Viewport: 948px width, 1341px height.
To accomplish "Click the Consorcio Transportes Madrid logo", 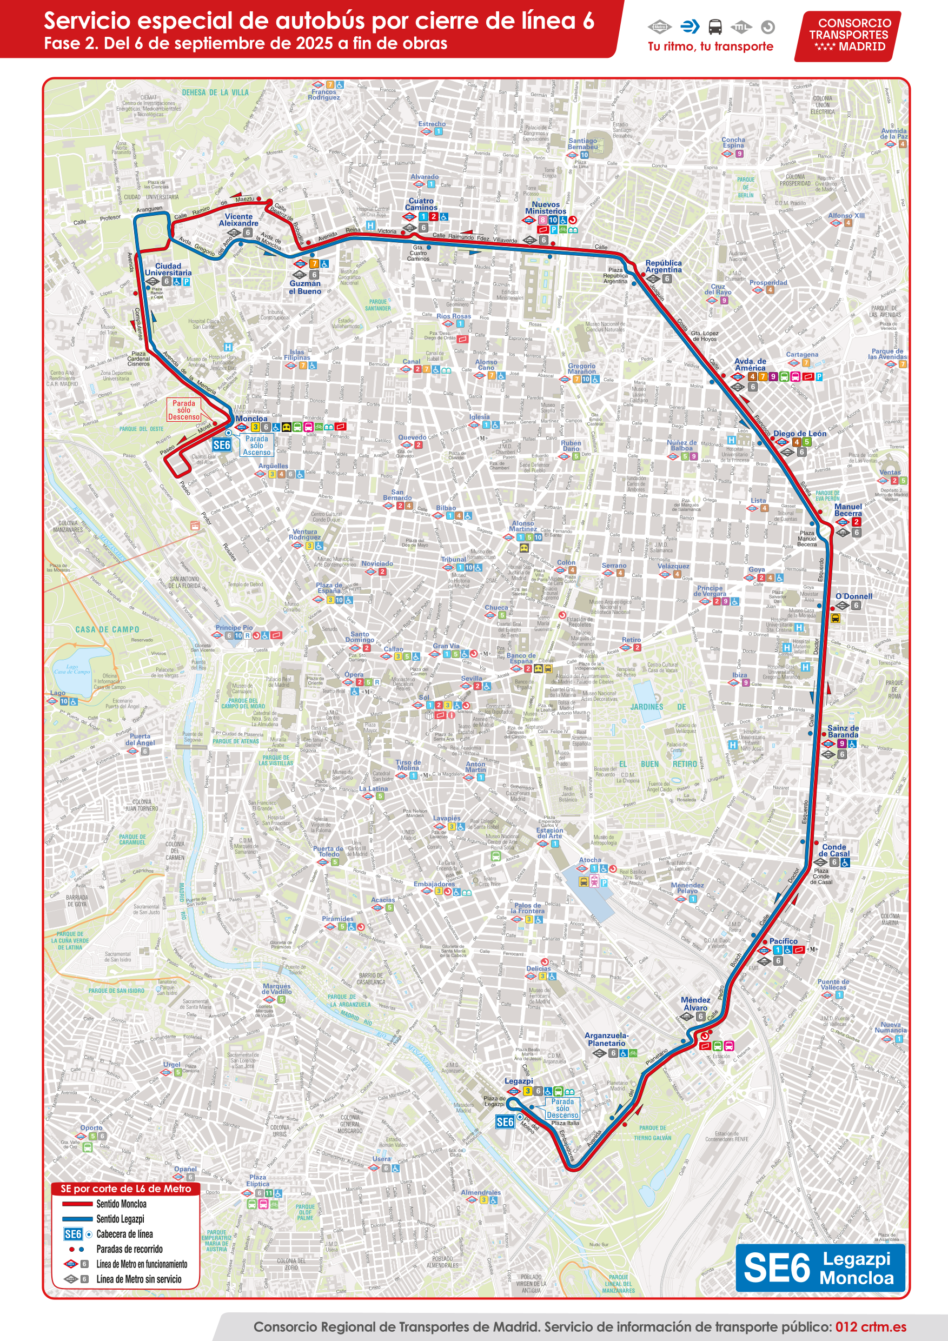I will [x=847, y=36].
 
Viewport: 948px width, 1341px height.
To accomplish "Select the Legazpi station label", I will [x=518, y=1081].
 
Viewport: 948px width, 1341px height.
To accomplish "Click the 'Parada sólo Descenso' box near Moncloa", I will [x=184, y=410].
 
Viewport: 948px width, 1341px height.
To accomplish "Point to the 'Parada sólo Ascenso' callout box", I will [x=256, y=445].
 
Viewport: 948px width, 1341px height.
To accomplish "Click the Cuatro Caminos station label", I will [x=421, y=204].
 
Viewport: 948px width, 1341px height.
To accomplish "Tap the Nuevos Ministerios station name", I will [x=546, y=208].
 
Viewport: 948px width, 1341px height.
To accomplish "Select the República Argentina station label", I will [x=663, y=267].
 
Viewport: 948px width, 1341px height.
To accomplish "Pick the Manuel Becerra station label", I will [x=847, y=510].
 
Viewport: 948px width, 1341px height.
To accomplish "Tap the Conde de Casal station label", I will [x=833, y=851].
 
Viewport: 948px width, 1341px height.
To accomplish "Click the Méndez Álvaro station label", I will [x=695, y=1004].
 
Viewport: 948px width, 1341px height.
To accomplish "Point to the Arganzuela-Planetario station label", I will [x=606, y=1039].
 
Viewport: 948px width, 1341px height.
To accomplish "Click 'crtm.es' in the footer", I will [x=883, y=1327].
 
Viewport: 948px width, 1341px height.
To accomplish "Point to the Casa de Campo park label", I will [x=107, y=629].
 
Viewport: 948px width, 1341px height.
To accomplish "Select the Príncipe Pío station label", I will [x=234, y=627].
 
